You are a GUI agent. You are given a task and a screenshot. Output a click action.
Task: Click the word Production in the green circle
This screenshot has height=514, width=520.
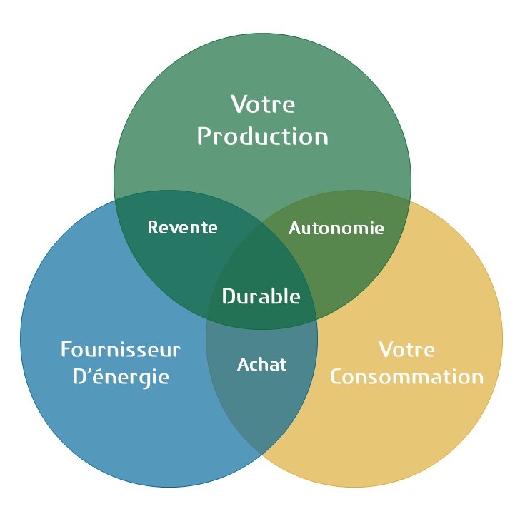[x=262, y=136]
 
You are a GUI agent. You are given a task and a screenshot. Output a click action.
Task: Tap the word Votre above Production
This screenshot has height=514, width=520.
[x=262, y=104]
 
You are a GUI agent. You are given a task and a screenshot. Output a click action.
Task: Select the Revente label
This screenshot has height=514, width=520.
[x=182, y=228]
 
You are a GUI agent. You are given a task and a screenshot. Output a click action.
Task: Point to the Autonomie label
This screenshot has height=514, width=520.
[x=336, y=228]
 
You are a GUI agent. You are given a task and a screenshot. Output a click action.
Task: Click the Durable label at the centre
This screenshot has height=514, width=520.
[x=261, y=296]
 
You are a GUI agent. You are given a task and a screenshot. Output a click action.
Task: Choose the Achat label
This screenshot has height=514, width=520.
[x=261, y=365]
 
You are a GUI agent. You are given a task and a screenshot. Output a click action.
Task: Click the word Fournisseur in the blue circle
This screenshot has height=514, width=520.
[x=120, y=350]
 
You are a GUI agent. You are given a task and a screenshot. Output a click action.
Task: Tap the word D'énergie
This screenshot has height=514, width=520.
[x=121, y=377]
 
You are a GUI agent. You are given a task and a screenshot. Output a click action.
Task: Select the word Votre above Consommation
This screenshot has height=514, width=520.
[x=406, y=350]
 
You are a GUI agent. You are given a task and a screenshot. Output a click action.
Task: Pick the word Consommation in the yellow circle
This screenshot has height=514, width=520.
[x=406, y=376]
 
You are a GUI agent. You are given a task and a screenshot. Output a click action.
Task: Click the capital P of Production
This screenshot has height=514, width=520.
[x=204, y=136]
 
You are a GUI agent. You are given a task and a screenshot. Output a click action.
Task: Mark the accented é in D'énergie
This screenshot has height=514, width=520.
[x=101, y=376]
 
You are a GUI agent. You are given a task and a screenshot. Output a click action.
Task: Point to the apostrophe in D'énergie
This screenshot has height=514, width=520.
[x=91, y=370]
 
